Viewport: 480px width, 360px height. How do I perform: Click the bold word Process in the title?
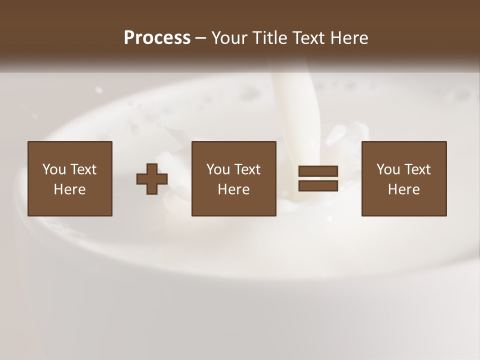pos(157,38)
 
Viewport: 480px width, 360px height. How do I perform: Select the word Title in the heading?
pos(271,38)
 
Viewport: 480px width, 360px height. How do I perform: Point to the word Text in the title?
pos(311,38)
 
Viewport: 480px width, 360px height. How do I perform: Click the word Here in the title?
pos(351,38)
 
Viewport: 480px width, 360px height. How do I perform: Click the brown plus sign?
pos(152,179)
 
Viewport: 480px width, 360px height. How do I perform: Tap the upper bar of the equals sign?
pos(318,171)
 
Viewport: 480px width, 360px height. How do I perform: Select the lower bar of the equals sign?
pos(318,185)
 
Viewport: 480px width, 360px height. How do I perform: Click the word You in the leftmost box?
pos(54,169)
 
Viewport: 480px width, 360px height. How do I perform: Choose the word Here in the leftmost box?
pos(69,189)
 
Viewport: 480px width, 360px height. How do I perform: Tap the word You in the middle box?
pos(218,169)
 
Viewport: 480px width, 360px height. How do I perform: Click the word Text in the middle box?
pos(247,169)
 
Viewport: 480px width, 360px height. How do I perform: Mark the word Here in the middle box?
pos(233,189)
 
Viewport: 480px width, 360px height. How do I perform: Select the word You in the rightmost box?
pos(388,169)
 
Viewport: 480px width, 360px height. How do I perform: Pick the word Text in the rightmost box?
pos(417,169)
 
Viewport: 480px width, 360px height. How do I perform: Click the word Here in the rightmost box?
pos(403,189)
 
